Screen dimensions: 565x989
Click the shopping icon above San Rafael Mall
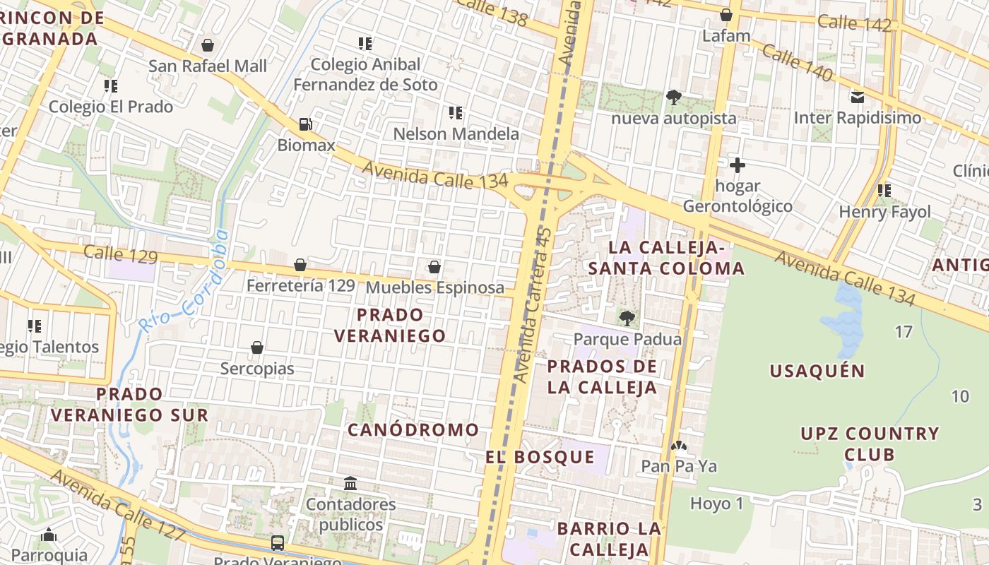click(x=208, y=45)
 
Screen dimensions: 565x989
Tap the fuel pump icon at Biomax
click(x=305, y=124)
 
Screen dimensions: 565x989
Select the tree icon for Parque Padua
click(x=627, y=319)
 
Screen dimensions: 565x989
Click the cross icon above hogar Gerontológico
click(x=738, y=165)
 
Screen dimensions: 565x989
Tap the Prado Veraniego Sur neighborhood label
click(x=129, y=404)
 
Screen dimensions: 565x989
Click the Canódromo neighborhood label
click(x=413, y=429)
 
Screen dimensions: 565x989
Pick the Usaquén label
click(x=817, y=371)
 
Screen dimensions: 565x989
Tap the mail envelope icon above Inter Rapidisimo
click(x=858, y=97)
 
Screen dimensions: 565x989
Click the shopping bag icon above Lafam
click(x=726, y=15)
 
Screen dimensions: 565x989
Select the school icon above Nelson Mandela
click(x=456, y=112)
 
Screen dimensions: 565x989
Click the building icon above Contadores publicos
click(x=350, y=483)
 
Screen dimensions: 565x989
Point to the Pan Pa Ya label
click(x=679, y=466)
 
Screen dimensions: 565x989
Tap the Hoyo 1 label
click(x=717, y=504)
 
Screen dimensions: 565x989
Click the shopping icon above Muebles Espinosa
click(x=434, y=267)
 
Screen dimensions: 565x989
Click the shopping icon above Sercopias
click(x=257, y=347)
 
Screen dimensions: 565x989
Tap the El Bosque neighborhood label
click(x=540, y=457)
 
